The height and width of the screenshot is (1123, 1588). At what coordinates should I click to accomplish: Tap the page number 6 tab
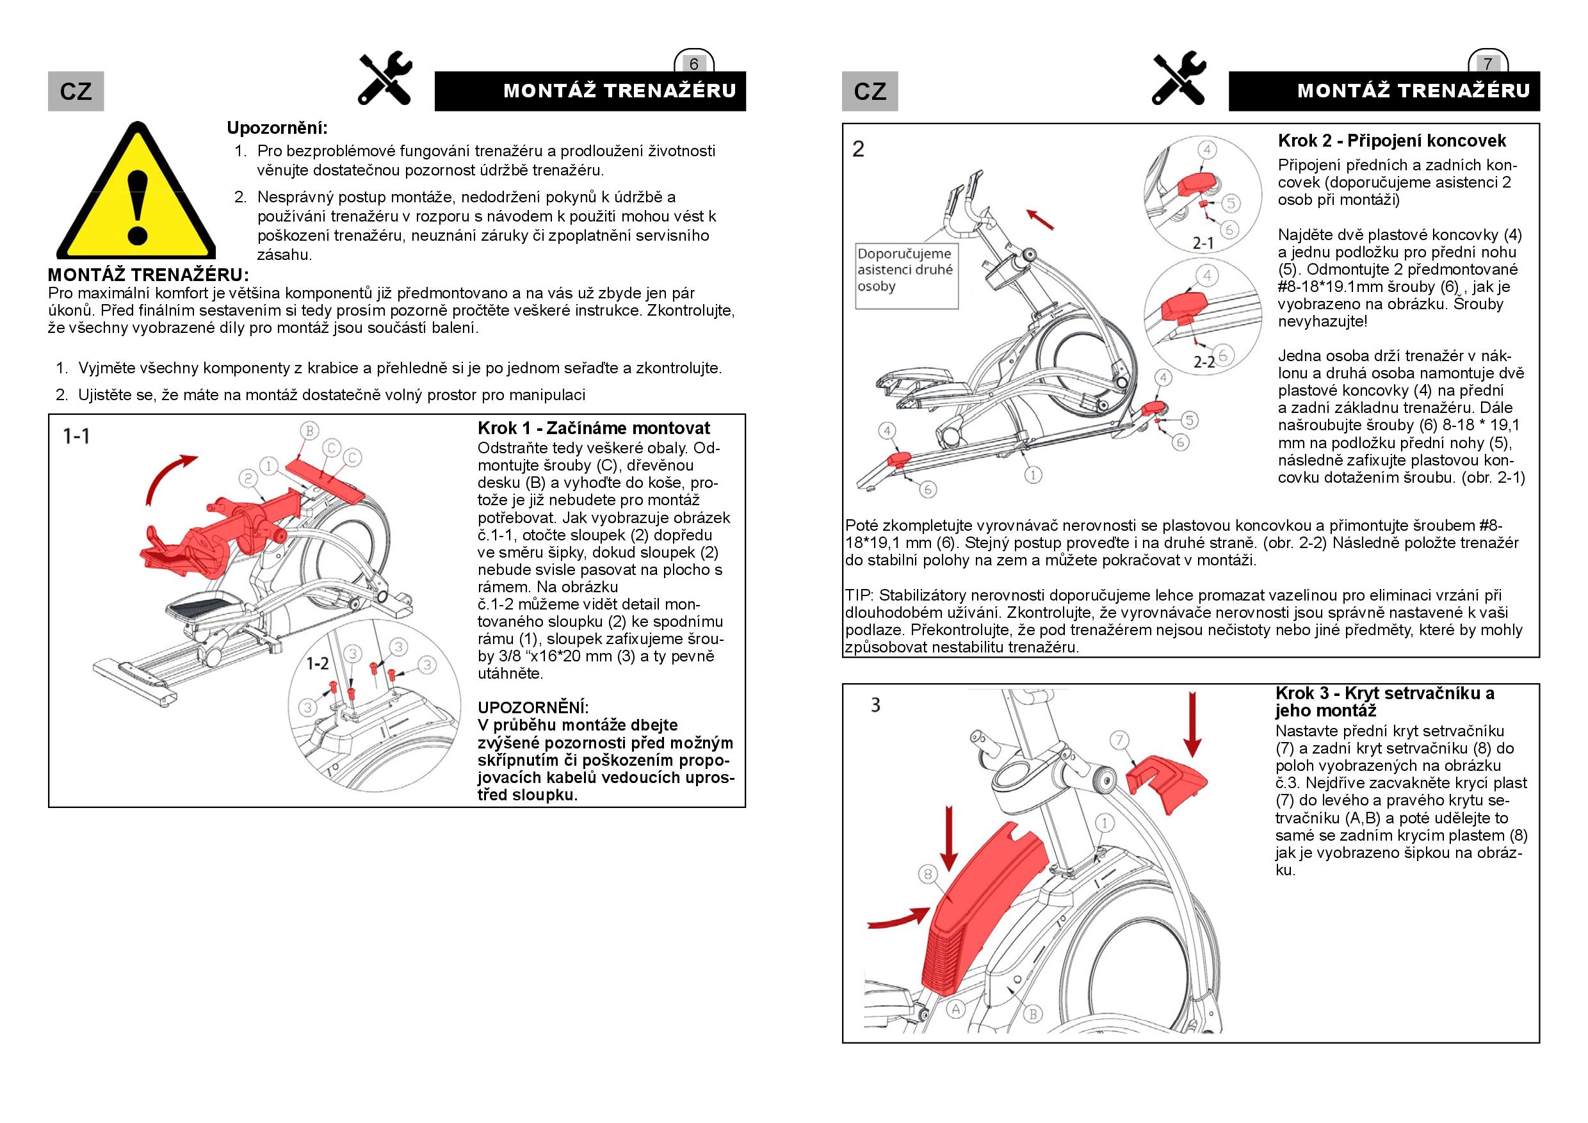coord(693,63)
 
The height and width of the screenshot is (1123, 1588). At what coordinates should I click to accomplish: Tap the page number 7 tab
coord(1487,63)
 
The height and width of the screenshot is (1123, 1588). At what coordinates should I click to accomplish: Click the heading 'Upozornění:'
coord(277,128)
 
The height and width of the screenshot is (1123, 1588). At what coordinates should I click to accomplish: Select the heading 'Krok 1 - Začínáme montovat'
coord(594,428)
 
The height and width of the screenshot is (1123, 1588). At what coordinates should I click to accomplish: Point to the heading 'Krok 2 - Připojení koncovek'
coord(1391,141)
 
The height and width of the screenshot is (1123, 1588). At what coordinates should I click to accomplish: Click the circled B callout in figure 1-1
coord(309,431)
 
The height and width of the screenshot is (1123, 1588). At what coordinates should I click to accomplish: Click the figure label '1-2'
coord(318,664)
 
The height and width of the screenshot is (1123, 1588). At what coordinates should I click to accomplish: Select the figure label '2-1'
coord(1203,243)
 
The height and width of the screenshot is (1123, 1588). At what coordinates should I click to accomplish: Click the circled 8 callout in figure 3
coord(929,874)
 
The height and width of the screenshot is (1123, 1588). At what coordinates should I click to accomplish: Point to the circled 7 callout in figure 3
coord(1120,741)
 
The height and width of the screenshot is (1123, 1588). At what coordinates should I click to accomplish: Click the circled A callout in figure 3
coord(955,1009)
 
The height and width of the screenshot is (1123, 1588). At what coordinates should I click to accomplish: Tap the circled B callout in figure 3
coord(1033,1014)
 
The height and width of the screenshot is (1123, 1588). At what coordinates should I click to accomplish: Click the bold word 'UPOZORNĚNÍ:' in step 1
coord(533,707)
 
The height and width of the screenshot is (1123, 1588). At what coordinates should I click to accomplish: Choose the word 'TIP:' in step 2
coord(860,595)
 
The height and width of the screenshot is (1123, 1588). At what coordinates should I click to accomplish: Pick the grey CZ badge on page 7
coord(870,92)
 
